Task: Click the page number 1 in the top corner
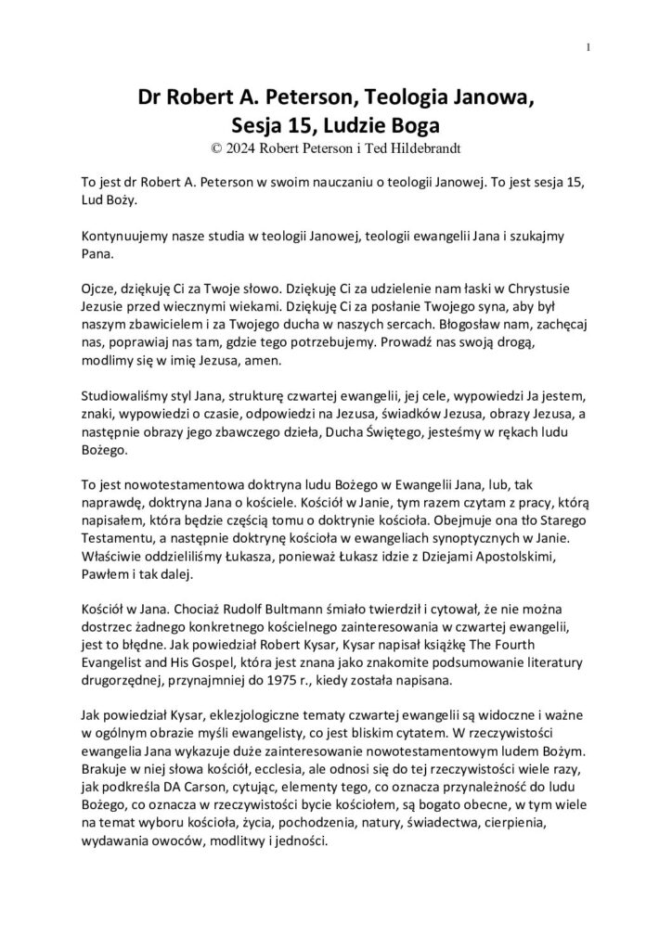(x=589, y=48)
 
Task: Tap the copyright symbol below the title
(x=217, y=146)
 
